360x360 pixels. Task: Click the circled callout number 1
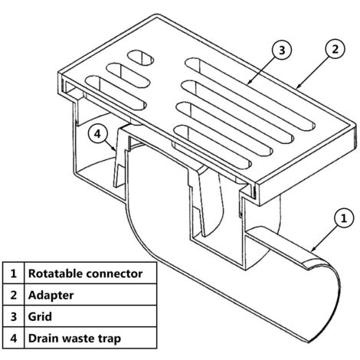pos(344,218)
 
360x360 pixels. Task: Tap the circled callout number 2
pos(335,49)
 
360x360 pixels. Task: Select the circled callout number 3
pos(282,50)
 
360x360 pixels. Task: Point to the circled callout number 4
pos(97,133)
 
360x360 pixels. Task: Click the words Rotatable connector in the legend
pos(85,273)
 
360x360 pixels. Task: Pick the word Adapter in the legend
pos(51,295)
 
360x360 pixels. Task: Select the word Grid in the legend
pos(40,316)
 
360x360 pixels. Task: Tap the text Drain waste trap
pos(74,339)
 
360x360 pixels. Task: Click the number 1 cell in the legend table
pos(14,273)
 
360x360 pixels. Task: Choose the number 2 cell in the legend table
pos(14,295)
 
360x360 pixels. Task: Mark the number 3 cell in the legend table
pos(14,316)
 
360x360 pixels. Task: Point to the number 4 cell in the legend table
pos(14,338)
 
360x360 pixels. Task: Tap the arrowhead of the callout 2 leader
pos(299,87)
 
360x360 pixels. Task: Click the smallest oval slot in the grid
pos(141,57)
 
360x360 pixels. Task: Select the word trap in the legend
pos(110,339)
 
